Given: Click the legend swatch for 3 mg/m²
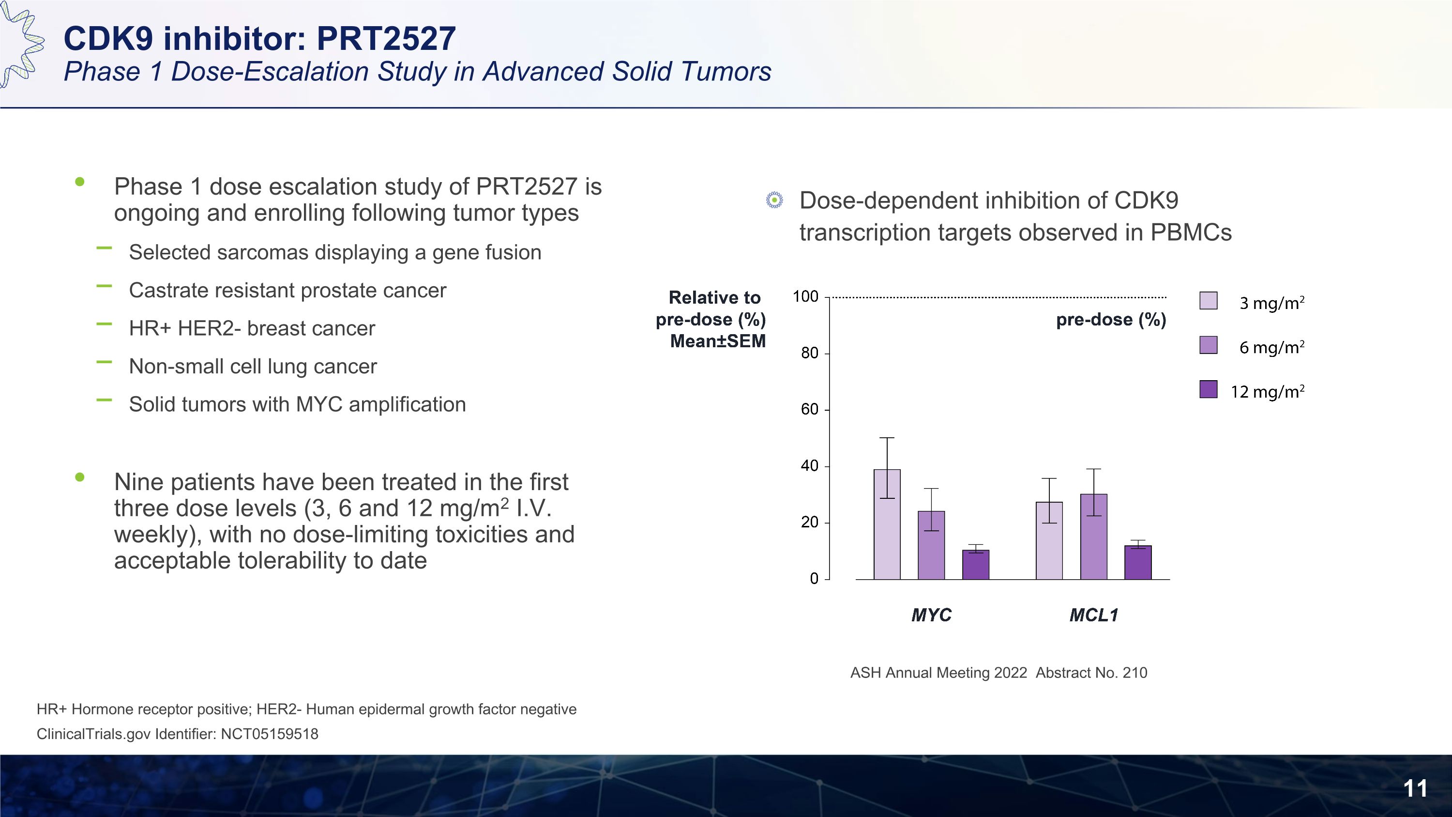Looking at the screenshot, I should point(1209,301).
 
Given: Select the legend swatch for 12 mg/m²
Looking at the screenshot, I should point(1209,389).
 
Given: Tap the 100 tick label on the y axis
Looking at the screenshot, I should point(805,296).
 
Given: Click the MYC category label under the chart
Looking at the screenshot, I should point(931,615).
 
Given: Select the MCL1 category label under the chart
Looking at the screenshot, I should point(1093,615).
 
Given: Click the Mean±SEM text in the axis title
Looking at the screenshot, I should point(718,341).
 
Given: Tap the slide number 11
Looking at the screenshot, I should point(1415,788).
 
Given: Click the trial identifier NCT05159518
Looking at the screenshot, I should point(270,734).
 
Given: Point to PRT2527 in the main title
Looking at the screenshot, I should point(386,38).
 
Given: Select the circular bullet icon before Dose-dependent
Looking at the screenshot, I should point(774,200).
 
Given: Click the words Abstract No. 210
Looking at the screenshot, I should point(1091,673).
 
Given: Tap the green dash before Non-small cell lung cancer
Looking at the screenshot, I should point(104,362).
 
